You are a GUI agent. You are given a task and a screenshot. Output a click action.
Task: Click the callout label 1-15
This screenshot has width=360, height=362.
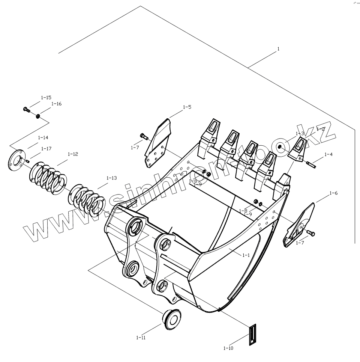coord(46,97)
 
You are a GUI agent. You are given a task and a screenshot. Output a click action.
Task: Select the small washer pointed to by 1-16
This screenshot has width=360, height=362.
coord(38,116)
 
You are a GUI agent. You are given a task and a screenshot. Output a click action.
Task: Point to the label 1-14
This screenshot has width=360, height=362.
coord(43,138)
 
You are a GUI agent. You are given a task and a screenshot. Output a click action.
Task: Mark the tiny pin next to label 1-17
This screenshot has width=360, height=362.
coord(28,161)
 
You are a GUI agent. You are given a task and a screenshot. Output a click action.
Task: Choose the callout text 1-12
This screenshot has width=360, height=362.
coord(73,154)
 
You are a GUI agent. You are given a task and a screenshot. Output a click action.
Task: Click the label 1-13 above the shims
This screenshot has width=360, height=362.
coord(112,178)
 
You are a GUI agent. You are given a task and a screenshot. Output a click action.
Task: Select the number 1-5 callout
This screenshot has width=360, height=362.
coord(187,107)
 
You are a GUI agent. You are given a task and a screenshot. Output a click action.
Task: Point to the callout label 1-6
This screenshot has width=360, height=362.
coord(333,193)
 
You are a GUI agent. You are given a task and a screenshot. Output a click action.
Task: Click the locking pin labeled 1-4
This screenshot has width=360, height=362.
coord(310,163)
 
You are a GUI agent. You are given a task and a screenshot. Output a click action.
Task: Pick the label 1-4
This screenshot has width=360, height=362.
coord(328,154)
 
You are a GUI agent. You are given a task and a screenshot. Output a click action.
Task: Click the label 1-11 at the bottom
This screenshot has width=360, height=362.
coord(141,338)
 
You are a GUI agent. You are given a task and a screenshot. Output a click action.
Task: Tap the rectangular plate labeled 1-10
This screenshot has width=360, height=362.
coord(253,334)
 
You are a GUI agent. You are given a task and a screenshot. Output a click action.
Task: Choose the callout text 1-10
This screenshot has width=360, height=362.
coord(228,348)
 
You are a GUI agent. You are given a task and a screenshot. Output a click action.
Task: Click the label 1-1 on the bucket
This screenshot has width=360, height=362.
coord(246,255)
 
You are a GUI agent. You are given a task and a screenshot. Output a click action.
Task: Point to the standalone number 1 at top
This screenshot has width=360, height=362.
coord(278,48)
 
